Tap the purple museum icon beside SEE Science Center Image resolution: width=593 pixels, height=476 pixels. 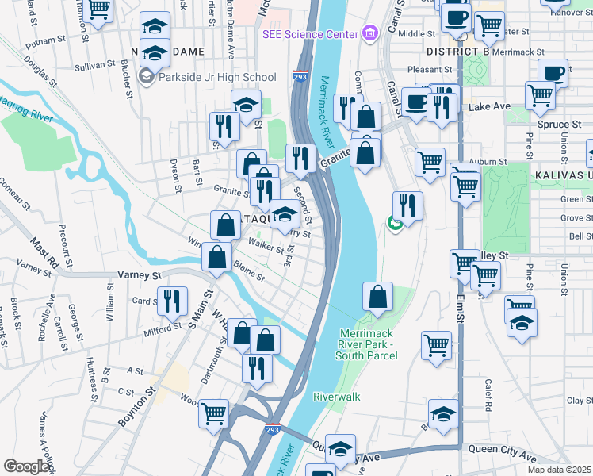tap(369, 35)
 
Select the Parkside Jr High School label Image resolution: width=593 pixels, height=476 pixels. tap(216, 77)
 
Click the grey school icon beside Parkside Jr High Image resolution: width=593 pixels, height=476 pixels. tap(146, 77)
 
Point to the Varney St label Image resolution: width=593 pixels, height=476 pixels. tap(140, 274)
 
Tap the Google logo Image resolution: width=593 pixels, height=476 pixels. tap(27, 466)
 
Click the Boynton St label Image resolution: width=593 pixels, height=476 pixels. tap(136, 407)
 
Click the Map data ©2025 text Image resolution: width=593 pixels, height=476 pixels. tap(559, 470)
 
